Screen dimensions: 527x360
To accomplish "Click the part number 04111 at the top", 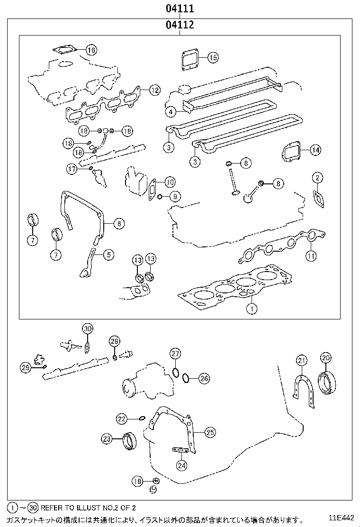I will click(x=180, y=9).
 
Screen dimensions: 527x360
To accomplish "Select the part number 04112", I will click(x=180, y=25).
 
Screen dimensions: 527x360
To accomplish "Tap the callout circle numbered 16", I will click(x=91, y=50).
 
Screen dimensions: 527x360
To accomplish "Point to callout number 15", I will click(x=213, y=58).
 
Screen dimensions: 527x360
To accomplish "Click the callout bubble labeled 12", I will click(x=154, y=90).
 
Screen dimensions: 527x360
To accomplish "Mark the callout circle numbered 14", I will click(x=315, y=150).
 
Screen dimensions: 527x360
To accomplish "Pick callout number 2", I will click(x=317, y=178).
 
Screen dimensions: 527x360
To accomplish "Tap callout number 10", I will click(x=170, y=182).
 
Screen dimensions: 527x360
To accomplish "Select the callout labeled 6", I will click(x=118, y=223).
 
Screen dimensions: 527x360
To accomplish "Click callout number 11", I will click(x=311, y=256).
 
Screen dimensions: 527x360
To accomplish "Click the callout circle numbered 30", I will click(x=87, y=328).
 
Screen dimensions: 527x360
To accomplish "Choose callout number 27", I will click(x=175, y=354).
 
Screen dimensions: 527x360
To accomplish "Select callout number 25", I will click(x=210, y=432).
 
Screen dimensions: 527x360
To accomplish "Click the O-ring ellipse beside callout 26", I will click(x=186, y=378).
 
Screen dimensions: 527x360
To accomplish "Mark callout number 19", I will click(x=137, y=482).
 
